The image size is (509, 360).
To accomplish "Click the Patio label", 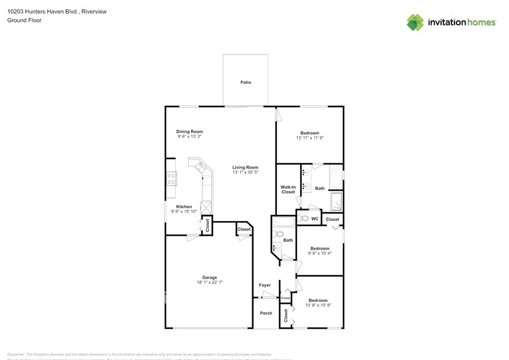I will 246,82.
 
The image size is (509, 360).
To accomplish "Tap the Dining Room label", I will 189,132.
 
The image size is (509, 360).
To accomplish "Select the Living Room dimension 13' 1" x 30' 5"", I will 245,173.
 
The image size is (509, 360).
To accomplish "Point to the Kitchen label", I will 184,207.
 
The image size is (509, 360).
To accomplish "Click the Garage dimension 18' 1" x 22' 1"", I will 209,283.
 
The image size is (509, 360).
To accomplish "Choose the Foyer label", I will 265,285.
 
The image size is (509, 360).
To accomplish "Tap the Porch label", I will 266,313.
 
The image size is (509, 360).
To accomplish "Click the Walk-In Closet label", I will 288,189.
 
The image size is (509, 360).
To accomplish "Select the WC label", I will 315,219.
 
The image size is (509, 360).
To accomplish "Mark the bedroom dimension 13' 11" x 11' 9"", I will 309,138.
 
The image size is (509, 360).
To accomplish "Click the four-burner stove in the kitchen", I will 172,178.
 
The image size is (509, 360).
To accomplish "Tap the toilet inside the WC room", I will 304,218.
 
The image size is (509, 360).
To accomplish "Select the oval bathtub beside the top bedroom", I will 336,178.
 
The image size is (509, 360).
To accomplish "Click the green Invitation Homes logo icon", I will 416,23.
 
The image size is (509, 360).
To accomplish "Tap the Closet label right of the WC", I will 333,219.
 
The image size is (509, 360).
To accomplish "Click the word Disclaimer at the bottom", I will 16,354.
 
